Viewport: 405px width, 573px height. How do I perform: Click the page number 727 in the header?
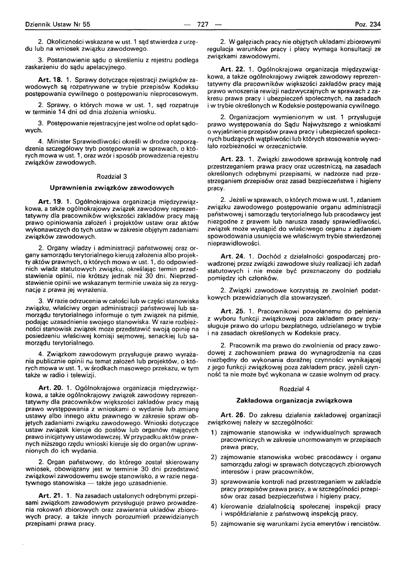click(x=203, y=24)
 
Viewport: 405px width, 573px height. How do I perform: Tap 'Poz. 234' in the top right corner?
click(x=368, y=24)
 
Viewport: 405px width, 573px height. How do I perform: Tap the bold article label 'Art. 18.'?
click(x=50, y=79)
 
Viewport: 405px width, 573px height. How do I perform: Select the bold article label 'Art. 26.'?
click(x=233, y=415)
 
